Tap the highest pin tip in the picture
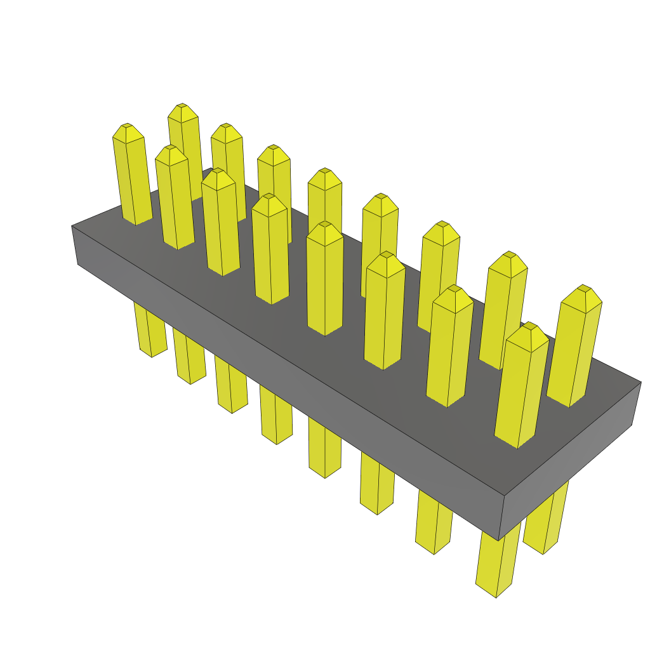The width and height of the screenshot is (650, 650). [x=182, y=105]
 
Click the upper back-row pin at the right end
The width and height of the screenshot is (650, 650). [x=574, y=346]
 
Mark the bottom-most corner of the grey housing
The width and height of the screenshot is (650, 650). [x=500, y=540]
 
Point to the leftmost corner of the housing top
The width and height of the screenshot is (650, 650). [x=72, y=226]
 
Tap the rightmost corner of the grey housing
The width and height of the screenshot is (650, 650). [x=640, y=383]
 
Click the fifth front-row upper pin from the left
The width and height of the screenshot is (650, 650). [x=324, y=279]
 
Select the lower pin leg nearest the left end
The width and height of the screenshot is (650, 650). [x=151, y=330]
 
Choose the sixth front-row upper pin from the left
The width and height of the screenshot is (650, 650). [x=384, y=311]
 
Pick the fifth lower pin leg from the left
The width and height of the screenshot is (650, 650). [x=324, y=451]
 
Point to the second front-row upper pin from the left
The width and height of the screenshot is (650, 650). [x=175, y=197]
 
